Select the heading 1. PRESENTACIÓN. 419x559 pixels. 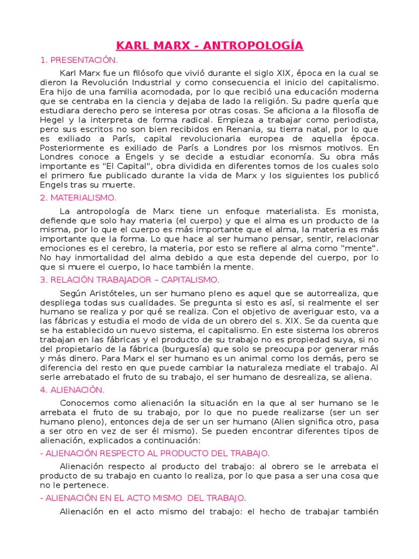pyautogui.click(x=79, y=60)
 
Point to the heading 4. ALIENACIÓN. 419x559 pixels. pyautogui.click(x=72, y=390)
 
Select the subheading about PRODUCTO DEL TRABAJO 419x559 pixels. pyautogui.click(x=155, y=453)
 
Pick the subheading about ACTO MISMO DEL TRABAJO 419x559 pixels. pyautogui.click(x=143, y=498)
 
